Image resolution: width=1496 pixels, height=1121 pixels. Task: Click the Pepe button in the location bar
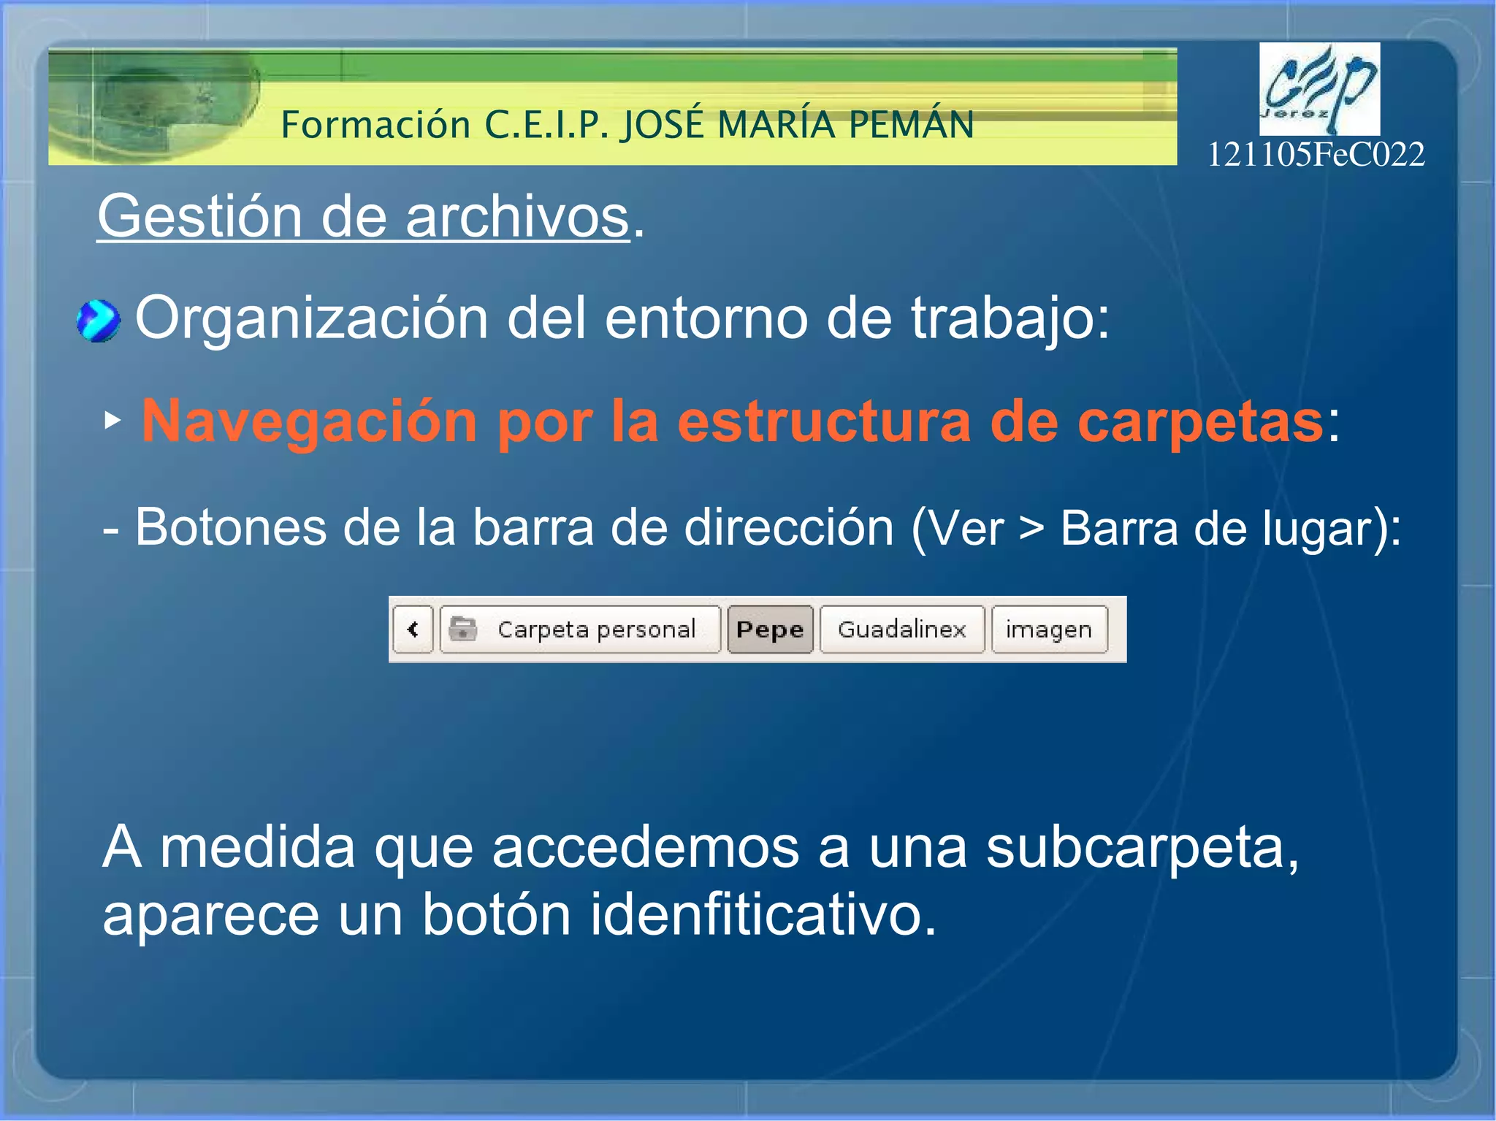[x=770, y=630]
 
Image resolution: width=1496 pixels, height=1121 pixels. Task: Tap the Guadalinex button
[x=901, y=630]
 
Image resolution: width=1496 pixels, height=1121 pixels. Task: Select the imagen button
[x=1049, y=630]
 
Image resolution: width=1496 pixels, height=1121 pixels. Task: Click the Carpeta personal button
[x=595, y=630]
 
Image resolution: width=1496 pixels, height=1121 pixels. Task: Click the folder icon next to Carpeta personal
[x=462, y=629]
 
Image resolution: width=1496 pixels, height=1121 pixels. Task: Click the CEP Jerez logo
[x=1319, y=89]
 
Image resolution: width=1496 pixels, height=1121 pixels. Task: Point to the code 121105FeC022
[x=1316, y=155]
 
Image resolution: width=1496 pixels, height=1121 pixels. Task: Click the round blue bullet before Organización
[x=98, y=321]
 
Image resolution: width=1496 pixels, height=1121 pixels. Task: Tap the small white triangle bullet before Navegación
[x=112, y=420]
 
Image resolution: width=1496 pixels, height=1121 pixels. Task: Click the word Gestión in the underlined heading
[x=199, y=217]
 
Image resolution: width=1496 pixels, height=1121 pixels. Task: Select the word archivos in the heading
[x=516, y=217]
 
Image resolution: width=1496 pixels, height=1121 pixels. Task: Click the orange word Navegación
[x=309, y=421]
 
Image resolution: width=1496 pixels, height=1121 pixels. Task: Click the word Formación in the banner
[x=375, y=124]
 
